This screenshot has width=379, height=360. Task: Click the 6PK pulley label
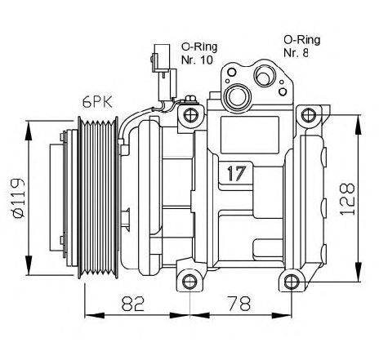98,102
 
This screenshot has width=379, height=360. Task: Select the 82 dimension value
132,304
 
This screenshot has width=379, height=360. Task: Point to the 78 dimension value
239,304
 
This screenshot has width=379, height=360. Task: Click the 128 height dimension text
347,199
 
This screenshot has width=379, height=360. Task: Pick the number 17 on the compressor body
237,173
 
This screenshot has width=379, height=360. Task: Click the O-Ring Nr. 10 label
198,54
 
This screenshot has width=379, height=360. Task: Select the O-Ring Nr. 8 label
301,47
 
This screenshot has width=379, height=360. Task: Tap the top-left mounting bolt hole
190,114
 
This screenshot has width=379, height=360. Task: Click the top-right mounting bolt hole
309,114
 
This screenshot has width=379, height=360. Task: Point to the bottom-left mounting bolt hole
189,282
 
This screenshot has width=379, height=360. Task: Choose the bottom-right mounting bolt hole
292,282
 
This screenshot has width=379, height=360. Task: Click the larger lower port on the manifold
236,96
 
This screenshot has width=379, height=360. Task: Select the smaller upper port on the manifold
264,77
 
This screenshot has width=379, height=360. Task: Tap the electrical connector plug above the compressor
163,73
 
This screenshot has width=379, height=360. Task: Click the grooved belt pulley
98,198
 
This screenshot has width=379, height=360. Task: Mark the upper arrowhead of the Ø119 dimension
29,131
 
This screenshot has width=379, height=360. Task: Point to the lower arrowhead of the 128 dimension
359,272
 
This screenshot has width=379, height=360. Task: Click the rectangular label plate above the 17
250,135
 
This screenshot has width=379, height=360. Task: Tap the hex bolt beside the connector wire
190,99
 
